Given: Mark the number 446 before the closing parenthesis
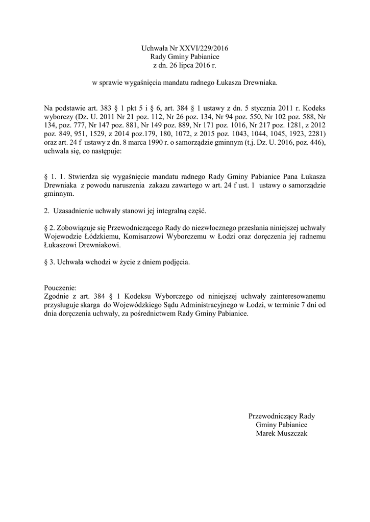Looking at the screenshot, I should coord(314,143).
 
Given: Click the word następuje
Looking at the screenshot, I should coord(108,152).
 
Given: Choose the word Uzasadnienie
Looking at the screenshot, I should coord(73,211).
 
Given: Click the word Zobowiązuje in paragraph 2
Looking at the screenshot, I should coord(72,228).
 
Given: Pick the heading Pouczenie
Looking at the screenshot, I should coord(60,288).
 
